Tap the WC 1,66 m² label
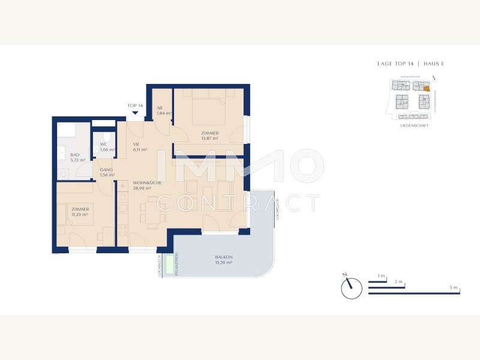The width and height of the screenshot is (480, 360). tap(107, 147)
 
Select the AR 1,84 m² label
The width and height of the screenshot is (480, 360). tap(164, 111)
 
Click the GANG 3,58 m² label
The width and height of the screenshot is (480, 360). tap(107, 173)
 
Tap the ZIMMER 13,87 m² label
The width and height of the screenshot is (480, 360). tap(210, 136)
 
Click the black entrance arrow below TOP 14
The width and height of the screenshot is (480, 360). tap(136, 112)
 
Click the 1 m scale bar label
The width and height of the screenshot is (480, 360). tap(381, 275)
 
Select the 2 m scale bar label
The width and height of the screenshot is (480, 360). tap(398, 281)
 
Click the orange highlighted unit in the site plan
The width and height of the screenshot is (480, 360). tap(427, 89)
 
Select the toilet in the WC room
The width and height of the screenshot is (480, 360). tap(107, 136)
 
